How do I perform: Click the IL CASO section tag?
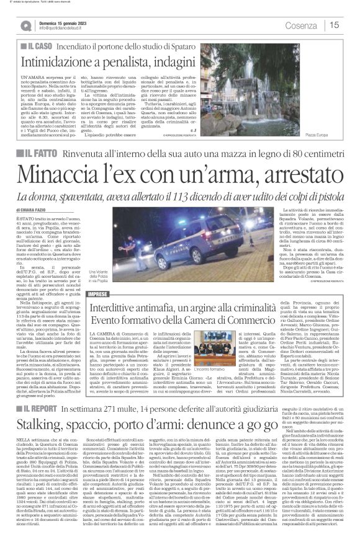click(35, 47)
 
